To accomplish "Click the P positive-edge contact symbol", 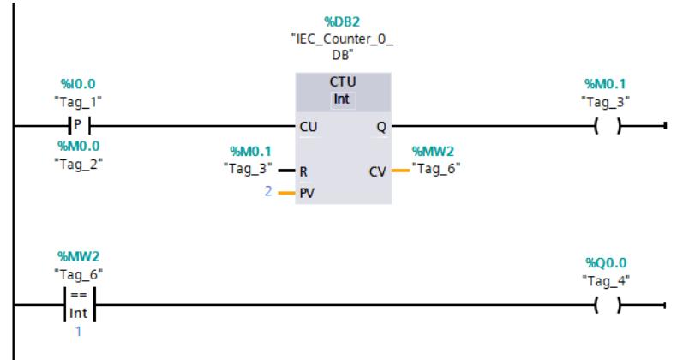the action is (x=79, y=126).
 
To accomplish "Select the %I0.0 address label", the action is (x=78, y=84).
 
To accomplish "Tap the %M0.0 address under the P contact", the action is (x=79, y=146).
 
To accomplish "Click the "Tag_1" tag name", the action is (x=78, y=102).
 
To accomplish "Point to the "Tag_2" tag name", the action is (x=78, y=165).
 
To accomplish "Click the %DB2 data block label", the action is (x=342, y=21).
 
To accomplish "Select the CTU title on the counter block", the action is (x=343, y=82).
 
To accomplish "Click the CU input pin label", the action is (x=309, y=127).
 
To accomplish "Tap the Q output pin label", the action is (x=381, y=128).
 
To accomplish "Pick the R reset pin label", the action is (x=303, y=171).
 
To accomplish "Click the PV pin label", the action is (x=307, y=194).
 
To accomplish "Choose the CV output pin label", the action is (x=378, y=171).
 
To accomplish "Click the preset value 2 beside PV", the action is (x=268, y=191).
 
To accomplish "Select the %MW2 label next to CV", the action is (x=433, y=152).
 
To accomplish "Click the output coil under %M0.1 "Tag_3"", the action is (x=608, y=126).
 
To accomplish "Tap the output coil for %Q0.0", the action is (x=608, y=305).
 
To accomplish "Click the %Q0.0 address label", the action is (x=606, y=263).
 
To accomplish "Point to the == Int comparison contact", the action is (x=80, y=304).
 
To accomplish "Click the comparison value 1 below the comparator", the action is (x=79, y=331).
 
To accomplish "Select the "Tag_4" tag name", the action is (x=606, y=281).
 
